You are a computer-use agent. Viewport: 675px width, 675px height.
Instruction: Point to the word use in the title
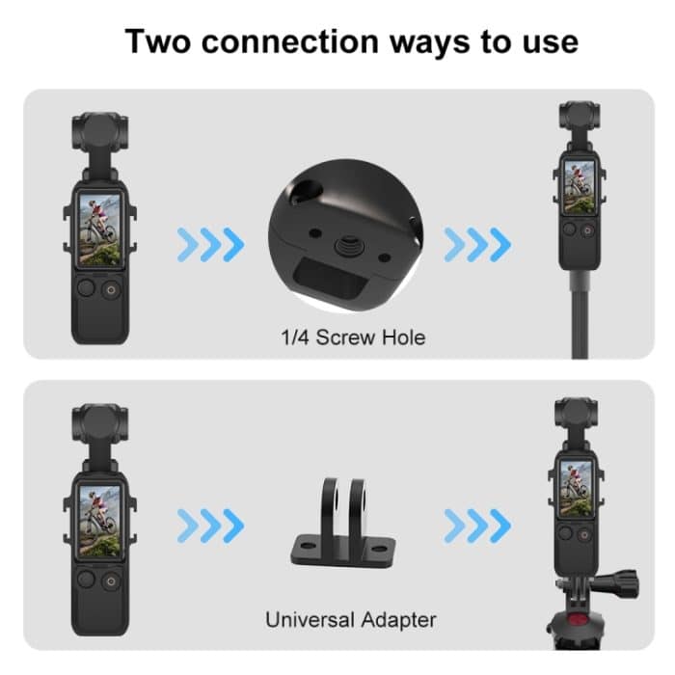tap(547, 42)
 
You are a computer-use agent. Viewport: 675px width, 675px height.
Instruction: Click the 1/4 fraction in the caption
tap(291, 337)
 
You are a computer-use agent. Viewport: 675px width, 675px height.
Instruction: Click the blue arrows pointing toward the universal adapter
tap(212, 526)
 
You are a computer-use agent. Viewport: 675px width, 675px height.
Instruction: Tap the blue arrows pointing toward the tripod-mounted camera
tap(477, 526)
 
